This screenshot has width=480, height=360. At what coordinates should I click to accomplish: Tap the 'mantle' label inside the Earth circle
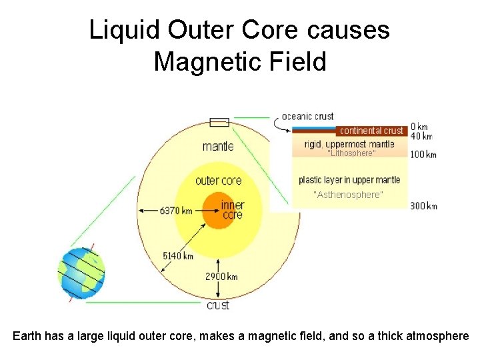(x=218, y=146)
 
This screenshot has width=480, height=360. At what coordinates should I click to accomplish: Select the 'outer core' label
(x=218, y=181)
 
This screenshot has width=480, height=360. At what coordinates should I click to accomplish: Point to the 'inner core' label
(x=233, y=210)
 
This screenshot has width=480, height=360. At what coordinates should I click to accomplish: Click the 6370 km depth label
(x=176, y=211)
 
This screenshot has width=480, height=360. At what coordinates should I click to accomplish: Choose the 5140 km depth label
(x=178, y=255)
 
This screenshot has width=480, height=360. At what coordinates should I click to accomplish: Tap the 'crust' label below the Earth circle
(x=218, y=305)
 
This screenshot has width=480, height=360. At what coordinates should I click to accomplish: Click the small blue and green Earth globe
(x=81, y=273)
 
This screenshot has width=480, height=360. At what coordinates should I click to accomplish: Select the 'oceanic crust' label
(x=307, y=116)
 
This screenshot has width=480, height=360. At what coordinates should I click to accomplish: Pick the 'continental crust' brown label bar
(x=371, y=131)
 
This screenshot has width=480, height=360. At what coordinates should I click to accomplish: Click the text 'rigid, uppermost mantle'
(x=349, y=143)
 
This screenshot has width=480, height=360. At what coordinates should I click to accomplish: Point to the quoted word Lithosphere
(x=351, y=153)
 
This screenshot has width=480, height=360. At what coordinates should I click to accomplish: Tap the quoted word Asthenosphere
(x=348, y=195)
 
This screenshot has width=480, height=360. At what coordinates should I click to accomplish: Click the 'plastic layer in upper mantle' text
(x=349, y=180)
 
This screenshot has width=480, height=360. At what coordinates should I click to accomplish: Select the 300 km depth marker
(x=423, y=206)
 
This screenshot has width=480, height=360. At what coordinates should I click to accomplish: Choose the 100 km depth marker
(x=423, y=155)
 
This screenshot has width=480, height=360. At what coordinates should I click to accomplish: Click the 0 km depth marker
(x=419, y=127)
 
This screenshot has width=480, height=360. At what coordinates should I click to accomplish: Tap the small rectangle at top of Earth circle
(x=219, y=122)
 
